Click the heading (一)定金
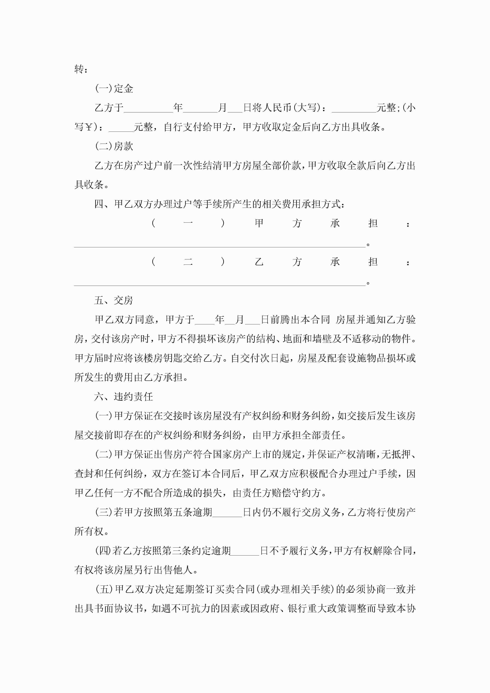click(x=114, y=89)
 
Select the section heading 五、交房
click(x=114, y=300)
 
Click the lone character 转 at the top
click(x=79, y=69)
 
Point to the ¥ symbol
click(x=89, y=127)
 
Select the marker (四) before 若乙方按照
click(x=103, y=551)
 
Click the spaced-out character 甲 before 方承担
click(x=259, y=223)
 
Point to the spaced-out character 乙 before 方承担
click(x=259, y=262)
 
